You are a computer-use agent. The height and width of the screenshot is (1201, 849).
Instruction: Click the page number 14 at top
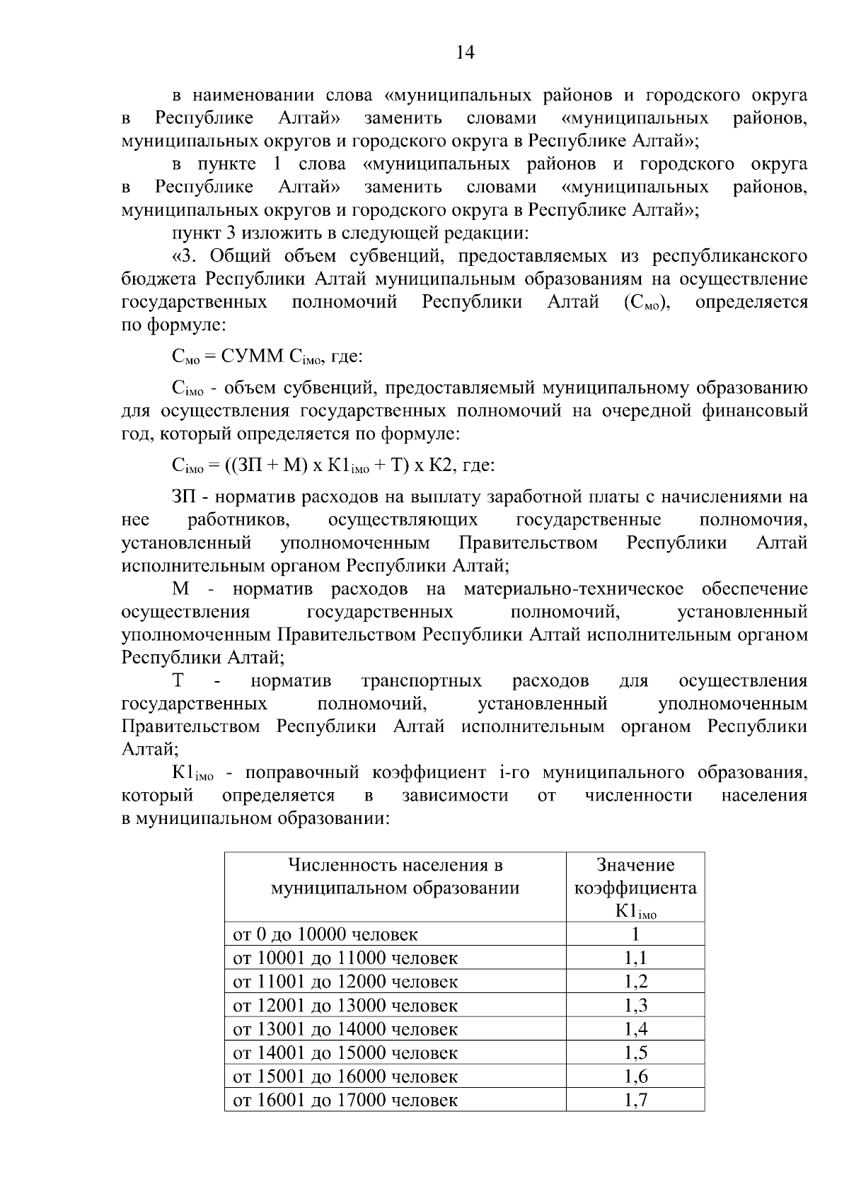click(x=465, y=52)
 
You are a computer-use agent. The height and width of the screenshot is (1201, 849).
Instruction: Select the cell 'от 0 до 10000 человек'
click(x=325, y=934)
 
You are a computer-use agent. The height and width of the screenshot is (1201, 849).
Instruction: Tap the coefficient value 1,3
click(x=635, y=1005)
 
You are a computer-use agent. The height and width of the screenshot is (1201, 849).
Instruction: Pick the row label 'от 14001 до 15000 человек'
click(x=345, y=1052)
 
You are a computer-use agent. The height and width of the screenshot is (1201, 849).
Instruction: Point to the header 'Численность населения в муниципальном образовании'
click(x=395, y=876)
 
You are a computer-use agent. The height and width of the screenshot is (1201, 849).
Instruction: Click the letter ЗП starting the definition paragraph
click(x=183, y=498)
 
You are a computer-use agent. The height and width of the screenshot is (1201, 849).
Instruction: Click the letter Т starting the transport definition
click(x=178, y=681)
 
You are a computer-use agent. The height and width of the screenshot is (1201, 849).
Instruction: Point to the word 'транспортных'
click(x=422, y=681)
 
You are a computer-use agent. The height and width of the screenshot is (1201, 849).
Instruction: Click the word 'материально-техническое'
click(x=574, y=589)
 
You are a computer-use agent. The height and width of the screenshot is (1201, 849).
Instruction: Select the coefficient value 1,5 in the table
click(x=635, y=1052)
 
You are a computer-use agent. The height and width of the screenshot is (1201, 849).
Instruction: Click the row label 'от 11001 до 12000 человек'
click(x=345, y=982)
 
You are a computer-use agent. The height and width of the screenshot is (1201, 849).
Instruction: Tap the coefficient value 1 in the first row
click(x=635, y=934)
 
